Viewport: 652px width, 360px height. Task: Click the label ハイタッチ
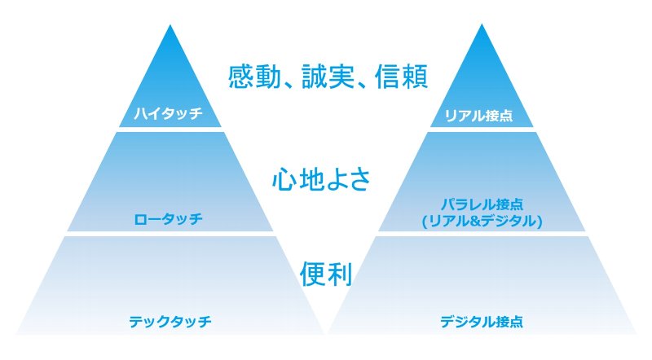coord(169,113)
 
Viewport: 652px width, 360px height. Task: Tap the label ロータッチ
coord(169,218)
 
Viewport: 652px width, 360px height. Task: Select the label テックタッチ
coord(170,322)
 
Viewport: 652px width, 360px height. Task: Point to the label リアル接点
coord(479,115)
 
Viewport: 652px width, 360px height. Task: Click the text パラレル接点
coord(482,204)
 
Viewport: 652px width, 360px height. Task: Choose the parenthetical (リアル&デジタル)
coord(482,221)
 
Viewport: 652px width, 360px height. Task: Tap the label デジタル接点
coord(482,322)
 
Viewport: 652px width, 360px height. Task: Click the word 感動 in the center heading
coord(254,76)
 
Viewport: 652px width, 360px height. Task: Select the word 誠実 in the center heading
coord(328,76)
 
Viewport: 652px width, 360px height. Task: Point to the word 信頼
coord(401,76)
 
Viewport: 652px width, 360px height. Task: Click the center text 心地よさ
coord(321,179)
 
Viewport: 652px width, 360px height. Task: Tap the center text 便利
coord(326,274)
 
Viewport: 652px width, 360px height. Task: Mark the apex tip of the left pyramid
coord(170,25)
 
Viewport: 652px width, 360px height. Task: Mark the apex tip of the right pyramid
coord(482,24)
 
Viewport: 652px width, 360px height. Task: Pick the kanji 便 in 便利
coord(313,274)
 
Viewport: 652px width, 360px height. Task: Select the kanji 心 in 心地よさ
coord(284,179)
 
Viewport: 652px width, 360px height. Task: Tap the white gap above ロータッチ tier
coord(170,130)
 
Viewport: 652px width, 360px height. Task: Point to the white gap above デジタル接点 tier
coord(482,234)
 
